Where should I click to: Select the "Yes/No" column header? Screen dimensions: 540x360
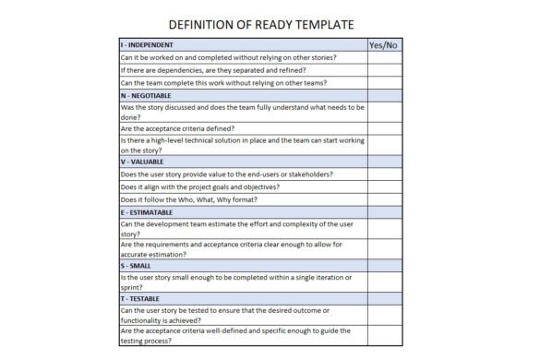(383, 44)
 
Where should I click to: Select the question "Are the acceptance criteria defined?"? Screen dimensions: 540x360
(177, 128)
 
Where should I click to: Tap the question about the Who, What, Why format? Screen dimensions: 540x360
(189, 199)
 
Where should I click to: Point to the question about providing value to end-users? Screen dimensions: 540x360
(227, 174)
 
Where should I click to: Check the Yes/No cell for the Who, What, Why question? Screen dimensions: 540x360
(383, 199)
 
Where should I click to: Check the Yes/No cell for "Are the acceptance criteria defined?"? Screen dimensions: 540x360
(383, 128)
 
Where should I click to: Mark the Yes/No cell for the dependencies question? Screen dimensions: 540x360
(383, 70)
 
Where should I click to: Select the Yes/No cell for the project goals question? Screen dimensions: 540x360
(383, 186)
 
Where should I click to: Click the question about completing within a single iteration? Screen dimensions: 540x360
(235, 281)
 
